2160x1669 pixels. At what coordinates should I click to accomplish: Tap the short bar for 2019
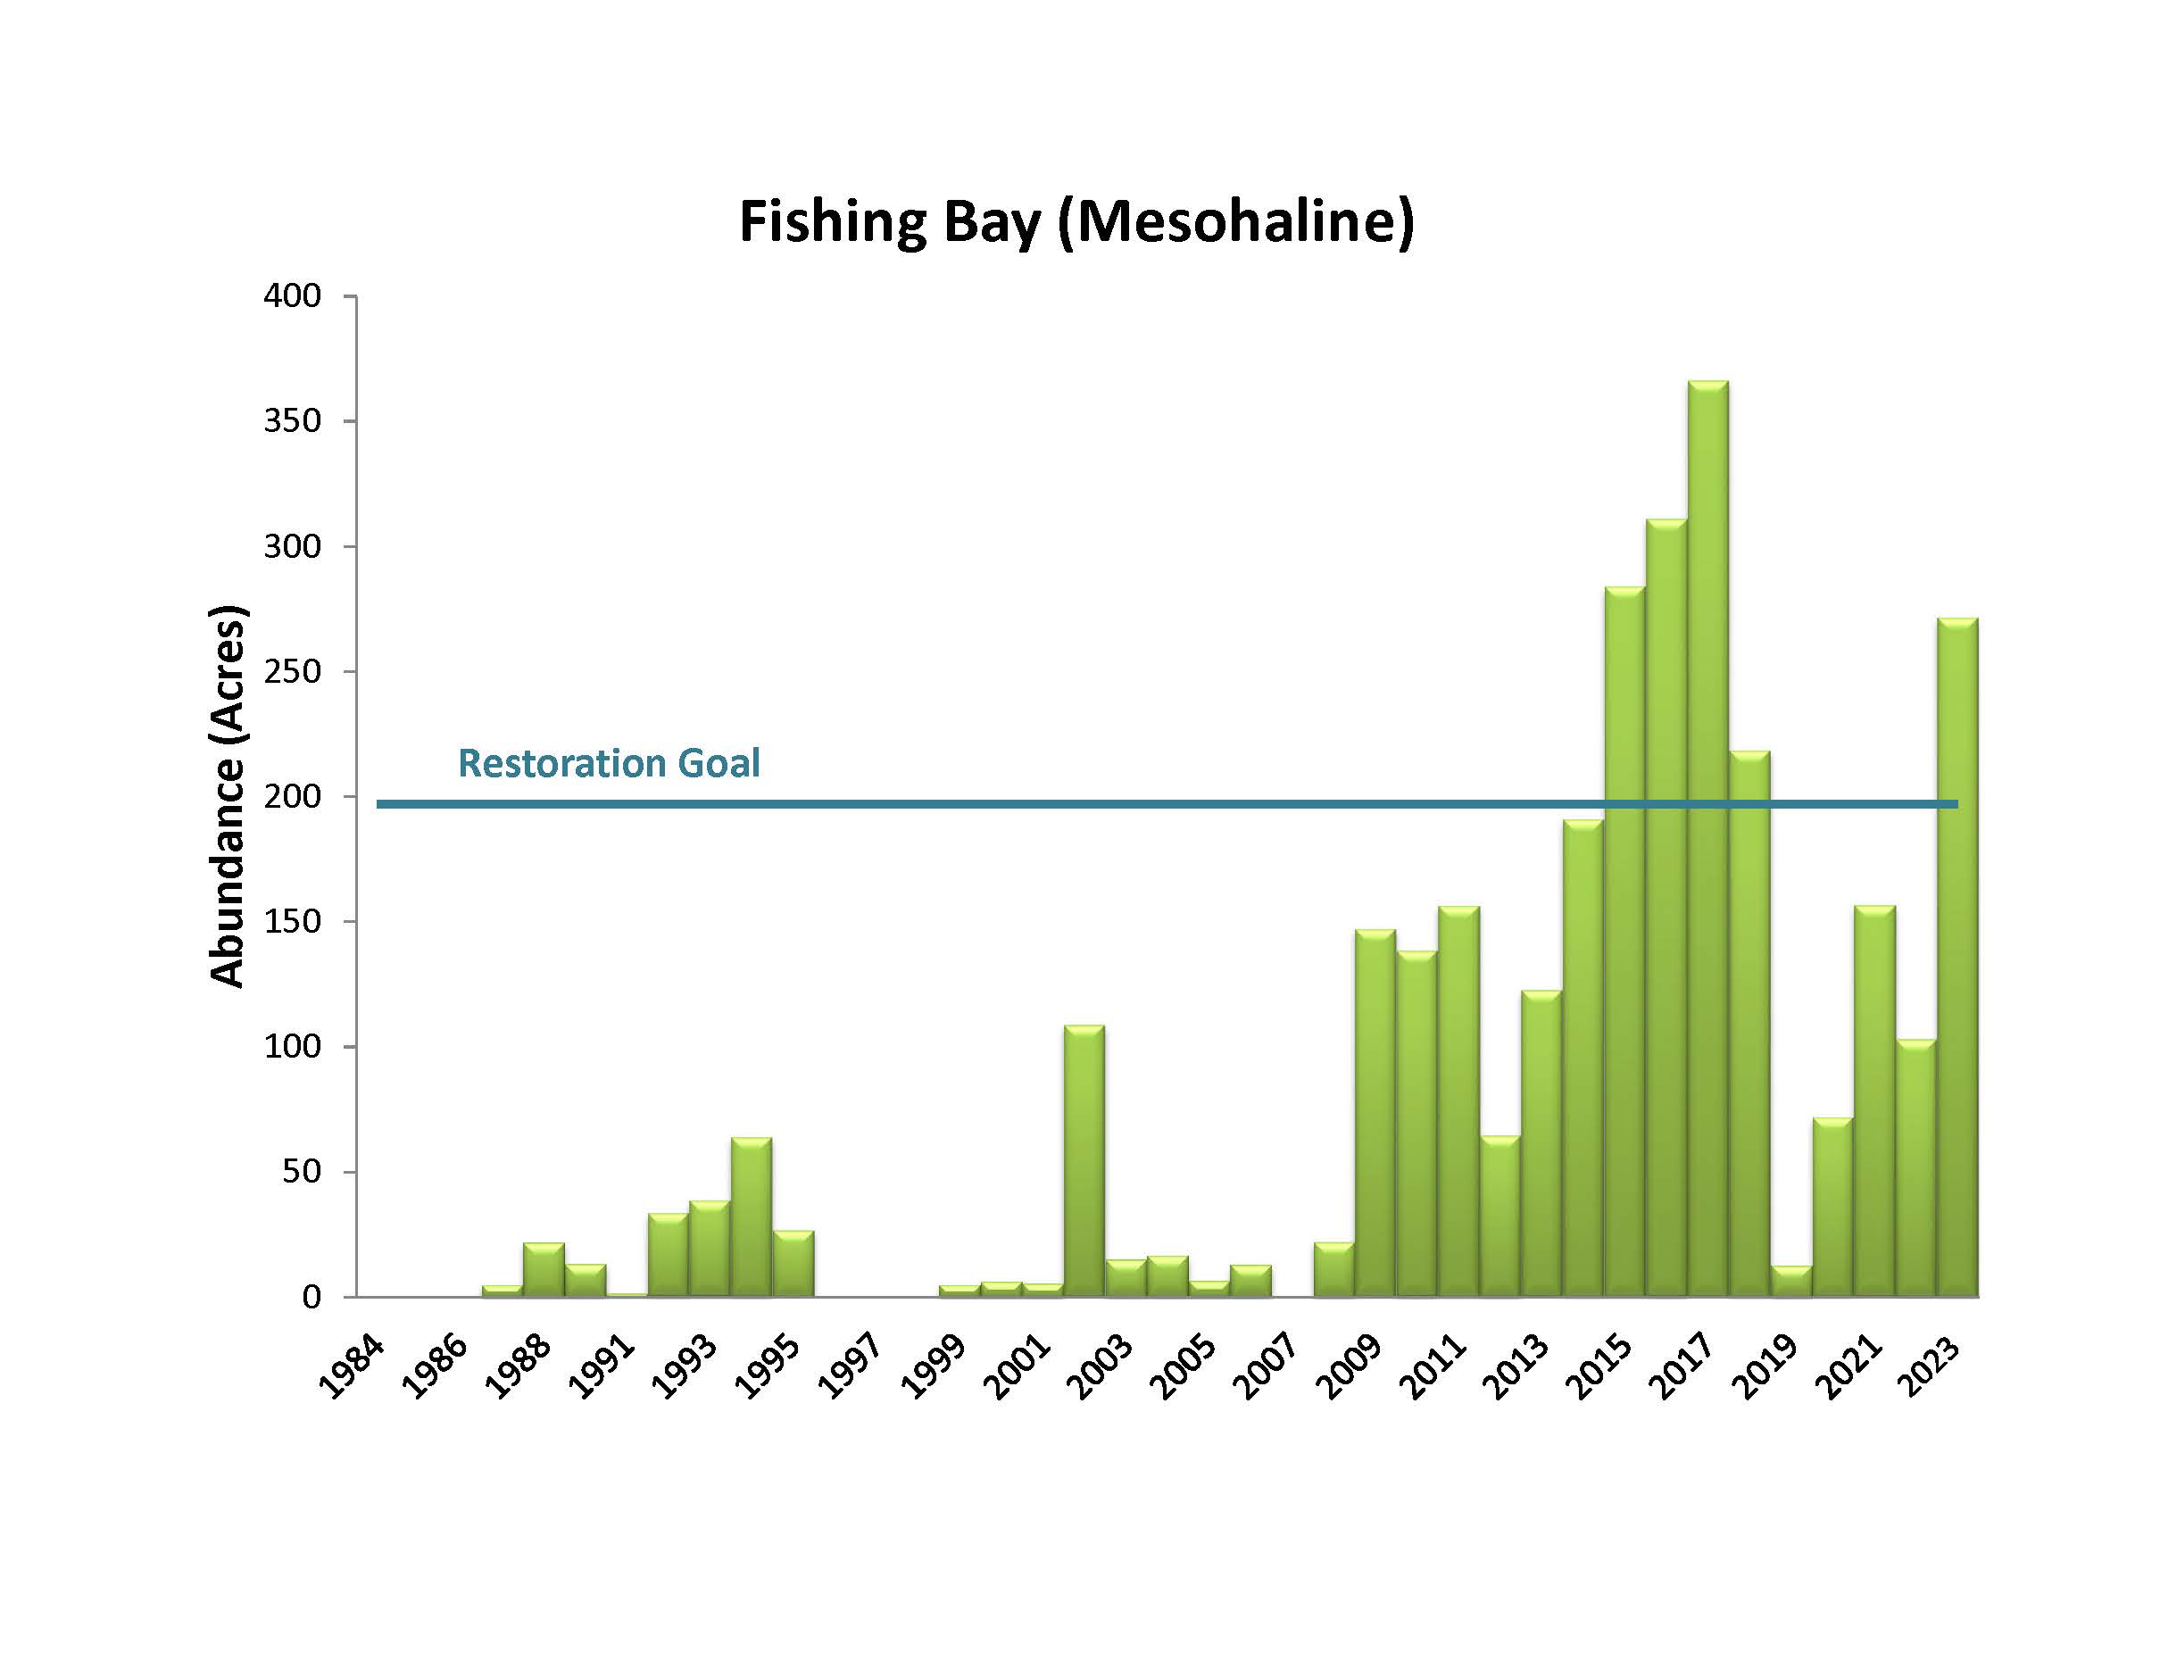1790,1282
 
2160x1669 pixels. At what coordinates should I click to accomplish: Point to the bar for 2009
1375,1112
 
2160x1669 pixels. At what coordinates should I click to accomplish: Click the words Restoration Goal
608,763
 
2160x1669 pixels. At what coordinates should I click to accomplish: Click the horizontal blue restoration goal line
989,804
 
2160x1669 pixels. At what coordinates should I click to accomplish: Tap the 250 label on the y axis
293,671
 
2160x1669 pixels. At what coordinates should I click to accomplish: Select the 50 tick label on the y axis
302,1172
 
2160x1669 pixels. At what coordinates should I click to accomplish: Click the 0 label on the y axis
312,1296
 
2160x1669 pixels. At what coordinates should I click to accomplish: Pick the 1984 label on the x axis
350,1369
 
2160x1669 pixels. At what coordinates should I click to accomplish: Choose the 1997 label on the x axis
850,1369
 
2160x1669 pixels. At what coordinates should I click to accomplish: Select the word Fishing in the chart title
833,221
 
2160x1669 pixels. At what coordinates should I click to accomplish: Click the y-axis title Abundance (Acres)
228,796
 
